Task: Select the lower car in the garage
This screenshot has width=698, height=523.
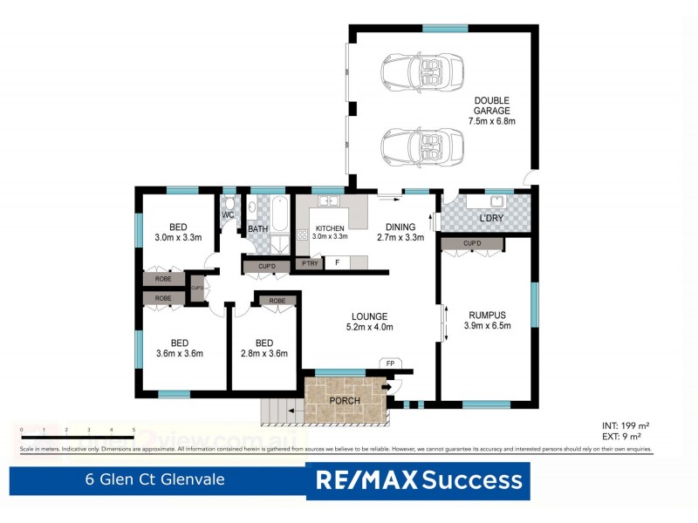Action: pyautogui.click(x=422, y=143)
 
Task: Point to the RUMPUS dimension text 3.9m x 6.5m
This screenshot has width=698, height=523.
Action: pyautogui.click(x=488, y=326)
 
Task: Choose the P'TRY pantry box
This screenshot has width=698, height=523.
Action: pyautogui.click(x=309, y=262)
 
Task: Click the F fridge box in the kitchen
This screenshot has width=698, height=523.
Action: pyautogui.click(x=337, y=262)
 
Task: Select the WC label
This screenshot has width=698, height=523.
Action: pyautogui.click(x=228, y=215)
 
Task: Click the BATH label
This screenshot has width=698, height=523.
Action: pyautogui.click(x=257, y=230)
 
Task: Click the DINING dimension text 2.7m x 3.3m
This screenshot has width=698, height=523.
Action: pyautogui.click(x=400, y=237)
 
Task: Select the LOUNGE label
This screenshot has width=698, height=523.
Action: pyautogui.click(x=370, y=316)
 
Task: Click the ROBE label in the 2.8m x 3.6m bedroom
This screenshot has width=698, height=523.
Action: pyautogui.click(x=277, y=301)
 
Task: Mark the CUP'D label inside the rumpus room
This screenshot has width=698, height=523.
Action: pyautogui.click(x=472, y=243)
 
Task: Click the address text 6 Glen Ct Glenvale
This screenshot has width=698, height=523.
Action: pyautogui.click(x=154, y=480)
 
